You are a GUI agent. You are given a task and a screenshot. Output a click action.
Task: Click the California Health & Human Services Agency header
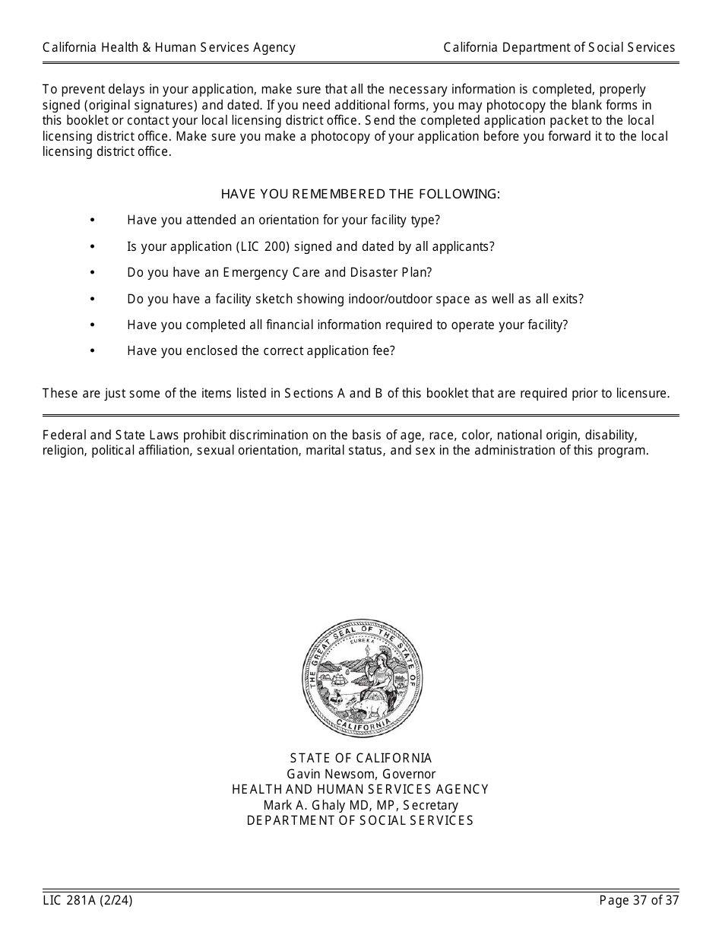[169, 48]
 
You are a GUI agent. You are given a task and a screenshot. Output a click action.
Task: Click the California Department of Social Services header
[559, 48]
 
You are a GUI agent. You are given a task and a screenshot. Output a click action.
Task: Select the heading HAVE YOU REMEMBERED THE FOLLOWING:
[360, 194]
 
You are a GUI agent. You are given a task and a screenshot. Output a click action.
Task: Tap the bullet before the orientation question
[93, 220]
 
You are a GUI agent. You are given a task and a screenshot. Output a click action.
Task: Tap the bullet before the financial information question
[93, 325]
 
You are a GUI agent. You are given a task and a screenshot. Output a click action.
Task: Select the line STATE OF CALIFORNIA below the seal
[361, 759]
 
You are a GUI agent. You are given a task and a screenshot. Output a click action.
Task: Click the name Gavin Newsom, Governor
[361, 774]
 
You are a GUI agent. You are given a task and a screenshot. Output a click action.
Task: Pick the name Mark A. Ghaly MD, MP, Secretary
[361, 805]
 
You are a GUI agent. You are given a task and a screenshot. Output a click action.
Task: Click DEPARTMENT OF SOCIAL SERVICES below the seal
[360, 821]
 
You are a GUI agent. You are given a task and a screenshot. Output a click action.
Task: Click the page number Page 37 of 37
[638, 901]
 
